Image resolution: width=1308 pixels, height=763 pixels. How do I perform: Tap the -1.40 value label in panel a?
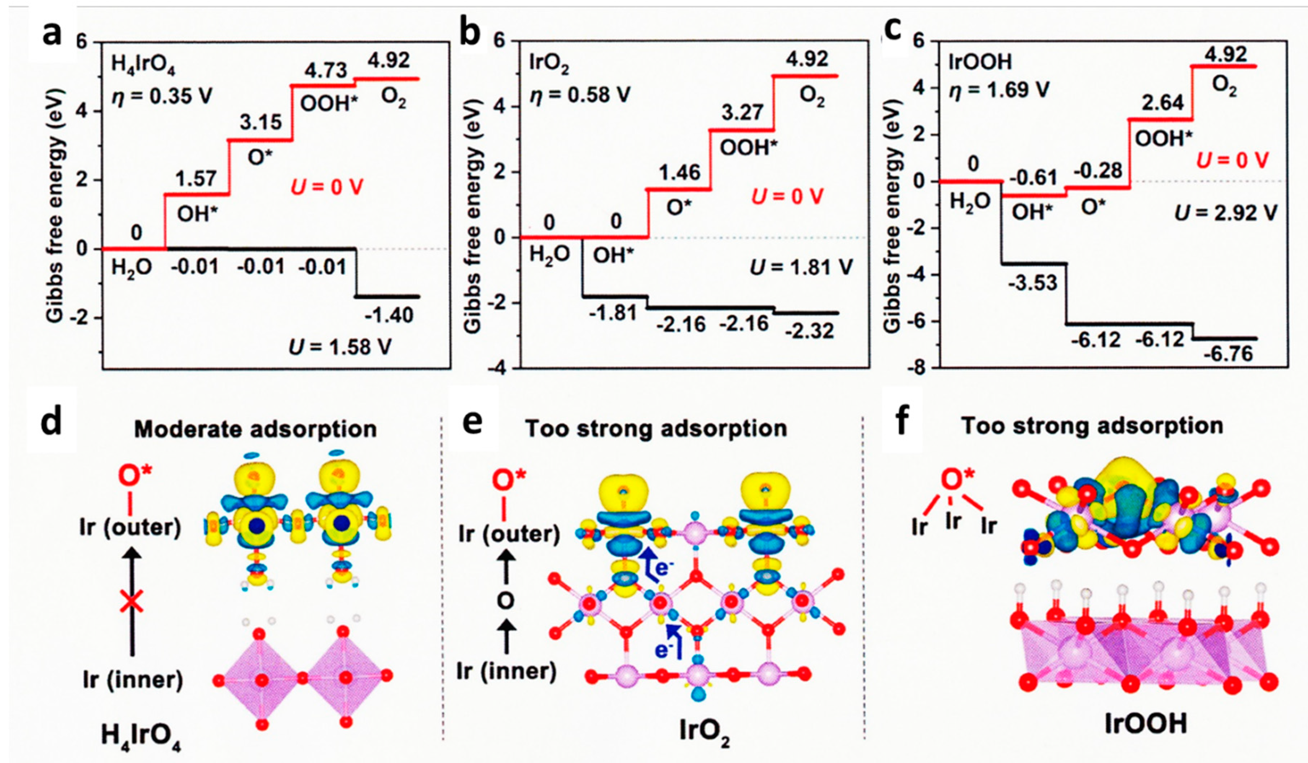click(389, 315)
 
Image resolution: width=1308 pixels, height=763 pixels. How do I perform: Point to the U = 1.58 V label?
click(340, 346)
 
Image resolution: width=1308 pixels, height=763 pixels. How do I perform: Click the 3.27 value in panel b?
click(743, 112)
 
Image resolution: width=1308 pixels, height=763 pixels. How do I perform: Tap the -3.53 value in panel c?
click(1032, 283)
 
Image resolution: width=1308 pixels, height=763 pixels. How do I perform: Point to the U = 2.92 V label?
click(1225, 213)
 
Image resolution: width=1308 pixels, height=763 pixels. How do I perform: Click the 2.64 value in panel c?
click(1162, 103)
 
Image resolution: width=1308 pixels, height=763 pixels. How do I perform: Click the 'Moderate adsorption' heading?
click(255, 430)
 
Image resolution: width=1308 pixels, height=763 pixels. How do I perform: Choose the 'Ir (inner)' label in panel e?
click(506, 671)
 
